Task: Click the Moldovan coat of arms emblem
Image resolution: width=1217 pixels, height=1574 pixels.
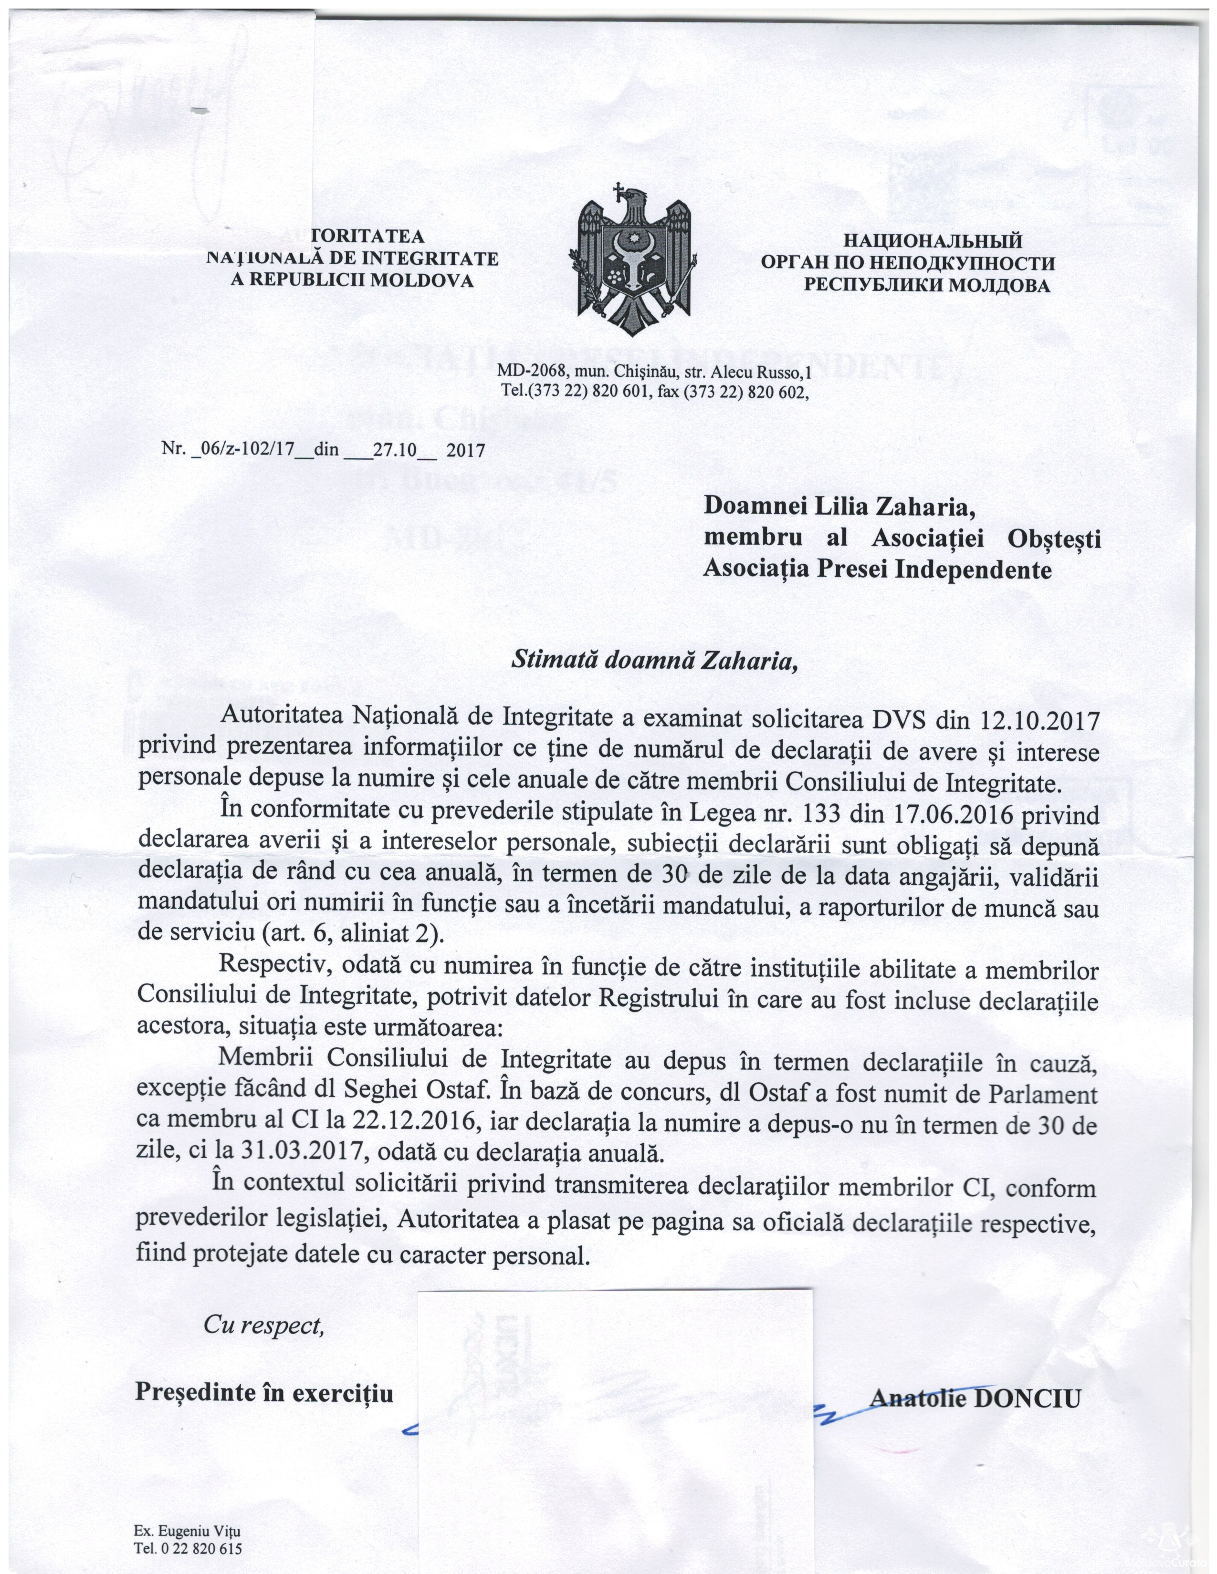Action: click(x=634, y=259)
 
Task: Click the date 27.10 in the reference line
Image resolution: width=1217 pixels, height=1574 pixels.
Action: click(x=396, y=450)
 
